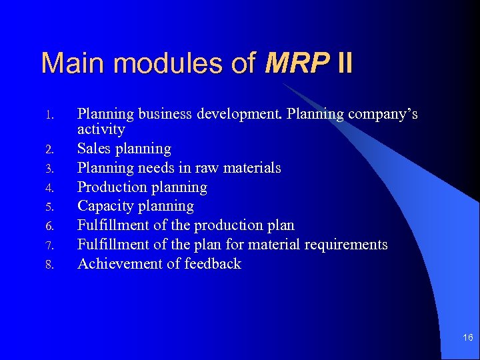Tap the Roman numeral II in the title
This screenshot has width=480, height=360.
click(x=345, y=63)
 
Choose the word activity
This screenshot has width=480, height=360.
click(x=101, y=129)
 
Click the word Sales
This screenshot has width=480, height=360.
click(x=95, y=148)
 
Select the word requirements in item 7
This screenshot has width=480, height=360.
click(x=346, y=245)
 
